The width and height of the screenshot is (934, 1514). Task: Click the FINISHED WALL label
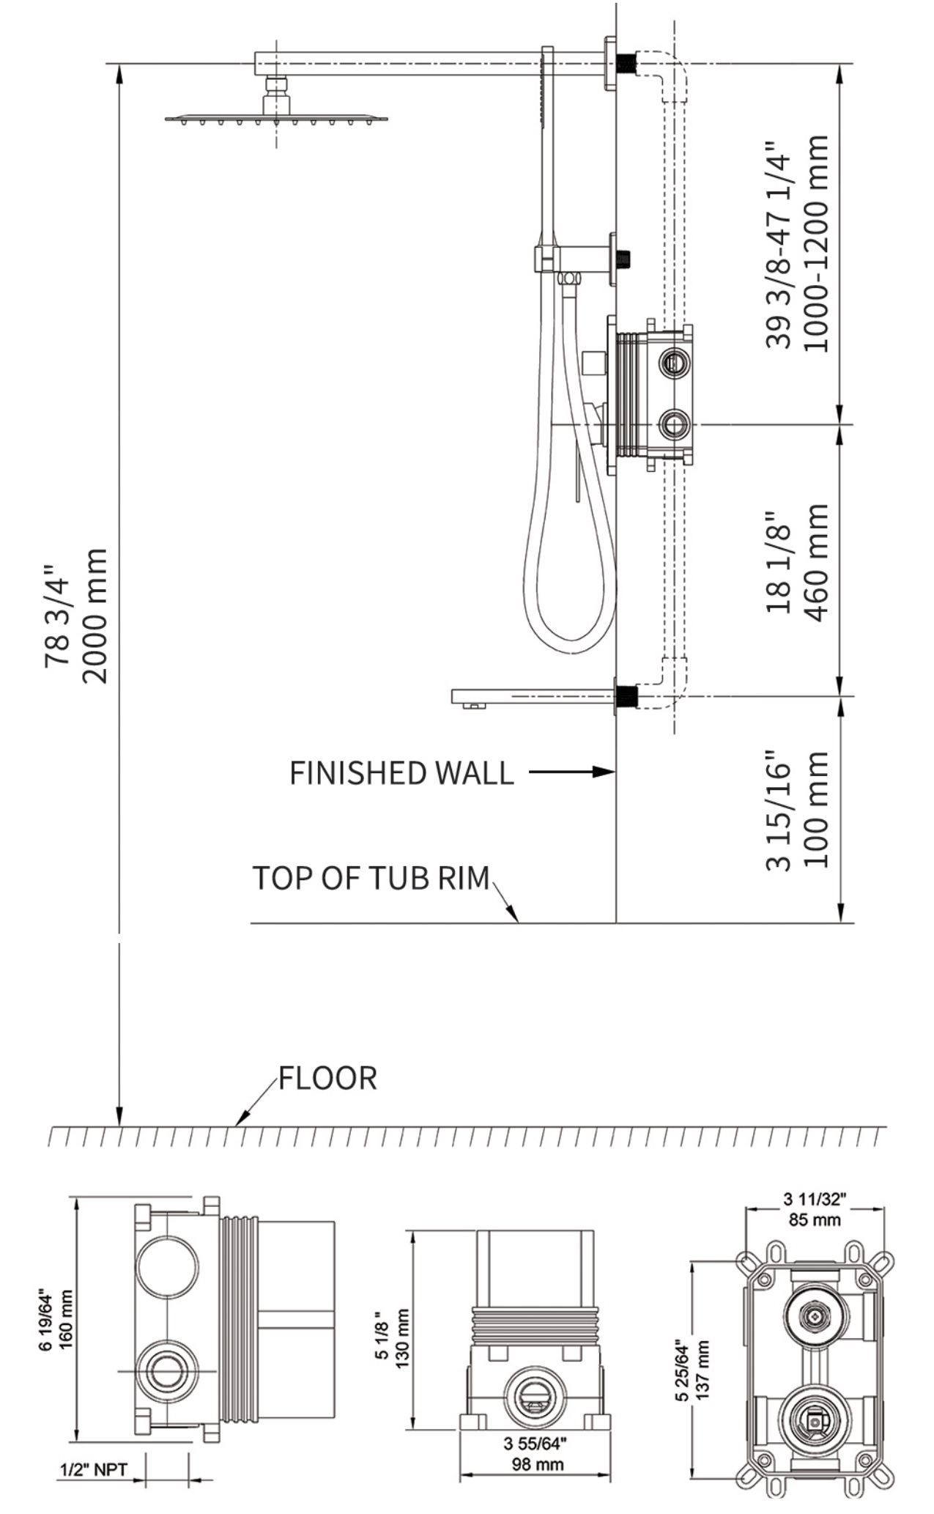401,773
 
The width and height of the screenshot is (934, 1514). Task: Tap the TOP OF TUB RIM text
371,878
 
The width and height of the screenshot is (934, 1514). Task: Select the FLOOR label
327,1078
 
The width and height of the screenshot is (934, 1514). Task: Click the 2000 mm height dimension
94,616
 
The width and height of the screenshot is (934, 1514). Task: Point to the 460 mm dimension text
815,562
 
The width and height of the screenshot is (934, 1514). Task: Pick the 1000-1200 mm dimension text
815,243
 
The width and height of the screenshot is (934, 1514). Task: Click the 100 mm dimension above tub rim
815,809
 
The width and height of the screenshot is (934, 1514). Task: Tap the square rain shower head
276,118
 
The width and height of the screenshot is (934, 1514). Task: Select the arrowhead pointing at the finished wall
604,772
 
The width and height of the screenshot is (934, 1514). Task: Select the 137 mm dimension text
703,1370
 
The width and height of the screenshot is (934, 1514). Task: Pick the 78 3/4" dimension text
58,616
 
